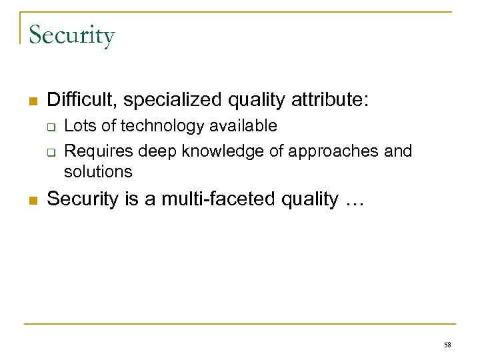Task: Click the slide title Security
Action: (72, 35)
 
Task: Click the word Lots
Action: (77, 126)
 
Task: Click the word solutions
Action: (98, 171)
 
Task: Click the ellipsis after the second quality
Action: (351, 199)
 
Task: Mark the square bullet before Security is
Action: (31, 200)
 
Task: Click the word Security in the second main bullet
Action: (84, 199)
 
